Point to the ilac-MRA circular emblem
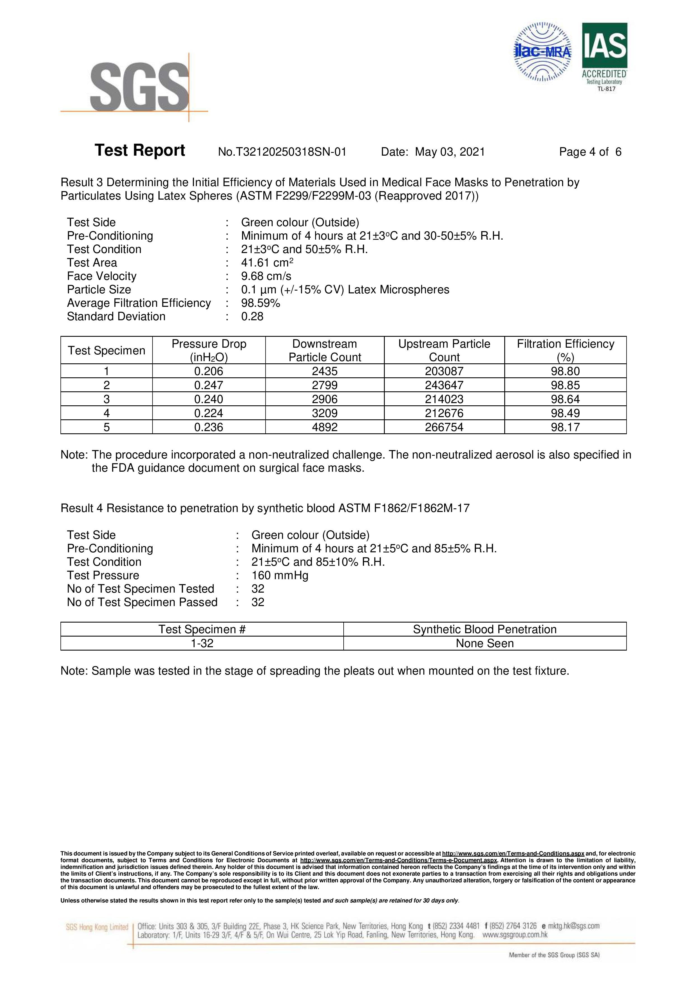(543, 52)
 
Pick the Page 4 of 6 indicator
(590, 152)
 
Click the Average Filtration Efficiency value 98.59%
(261, 303)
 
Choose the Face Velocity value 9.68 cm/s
(266, 276)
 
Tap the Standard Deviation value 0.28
(252, 317)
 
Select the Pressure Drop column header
(209, 350)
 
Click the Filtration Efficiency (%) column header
(565, 350)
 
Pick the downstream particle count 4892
(325, 427)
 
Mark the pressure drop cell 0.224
(209, 413)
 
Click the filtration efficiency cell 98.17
(565, 427)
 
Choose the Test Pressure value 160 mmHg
(280, 575)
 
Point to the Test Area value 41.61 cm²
(267, 263)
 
